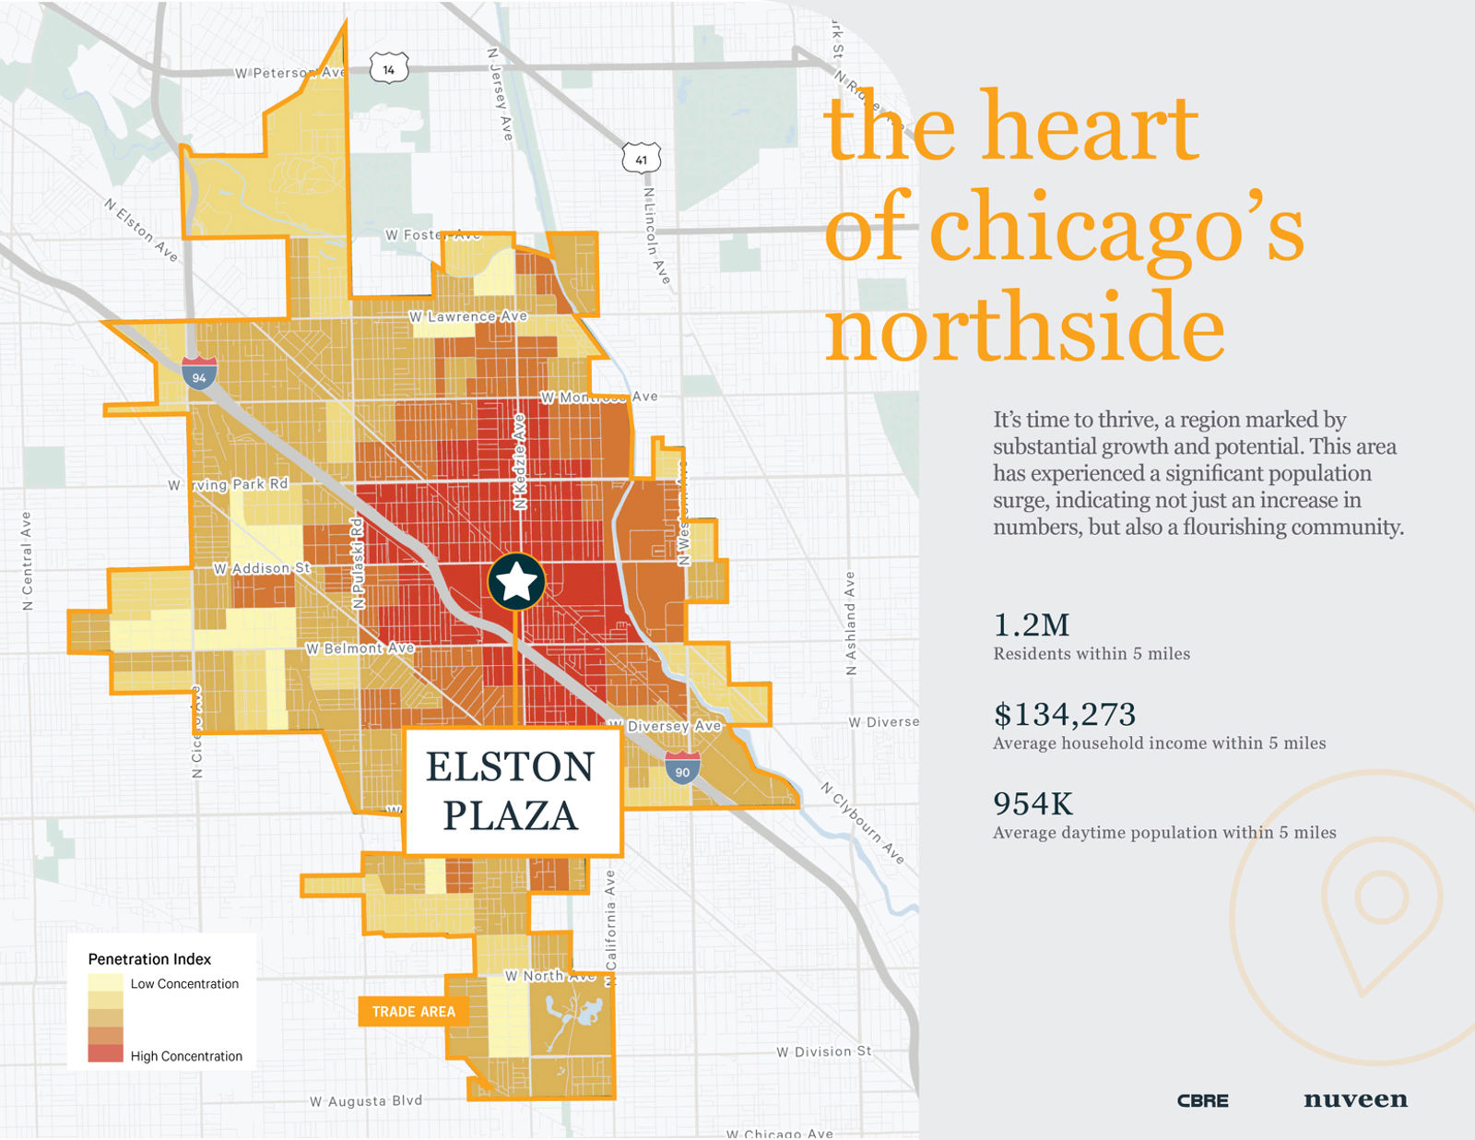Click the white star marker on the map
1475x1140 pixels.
point(516,582)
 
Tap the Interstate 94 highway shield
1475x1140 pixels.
point(199,374)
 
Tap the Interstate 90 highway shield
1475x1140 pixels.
point(682,768)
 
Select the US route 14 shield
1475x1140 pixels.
point(388,69)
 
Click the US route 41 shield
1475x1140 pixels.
point(641,159)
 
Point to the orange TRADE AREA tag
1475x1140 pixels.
point(413,1012)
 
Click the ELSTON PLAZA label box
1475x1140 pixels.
point(512,791)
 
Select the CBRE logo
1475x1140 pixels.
point(1202,1100)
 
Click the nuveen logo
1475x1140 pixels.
point(1355,1099)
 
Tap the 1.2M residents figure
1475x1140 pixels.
point(1032,625)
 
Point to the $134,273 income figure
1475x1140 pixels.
point(1064,715)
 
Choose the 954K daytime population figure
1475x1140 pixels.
point(1032,803)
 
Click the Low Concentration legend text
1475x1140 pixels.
point(184,984)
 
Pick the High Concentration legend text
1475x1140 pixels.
point(186,1056)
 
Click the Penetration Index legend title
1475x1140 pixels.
point(149,959)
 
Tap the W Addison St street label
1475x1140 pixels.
point(262,568)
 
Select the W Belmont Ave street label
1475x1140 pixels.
point(360,648)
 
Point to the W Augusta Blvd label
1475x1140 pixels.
point(366,1101)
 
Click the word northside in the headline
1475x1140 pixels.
point(1023,327)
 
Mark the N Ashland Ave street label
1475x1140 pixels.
point(850,623)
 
